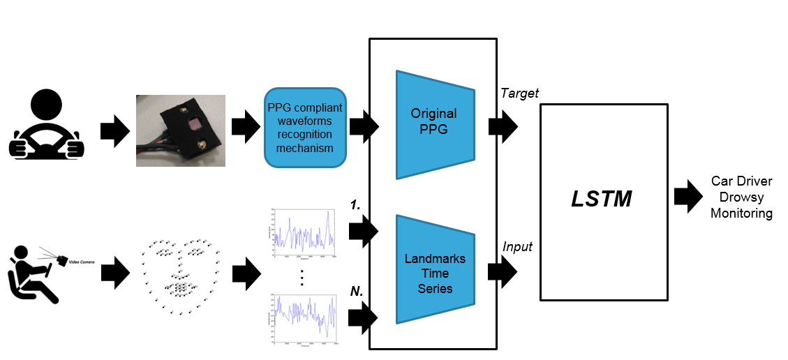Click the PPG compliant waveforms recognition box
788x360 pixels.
tap(306, 128)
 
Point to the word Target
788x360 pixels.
tap(519, 93)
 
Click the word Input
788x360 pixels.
tap(516, 246)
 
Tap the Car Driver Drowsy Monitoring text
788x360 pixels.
tap(741, 197)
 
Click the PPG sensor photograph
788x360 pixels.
tap(181, 130)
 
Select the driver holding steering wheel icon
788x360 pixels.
tap(47, 125)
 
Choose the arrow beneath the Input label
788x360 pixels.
tap(502, 270)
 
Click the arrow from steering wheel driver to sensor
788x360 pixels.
tap(114, 130)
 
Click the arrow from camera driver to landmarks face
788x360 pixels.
tap(114, 271)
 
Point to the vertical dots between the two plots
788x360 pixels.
tap(302, 277)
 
